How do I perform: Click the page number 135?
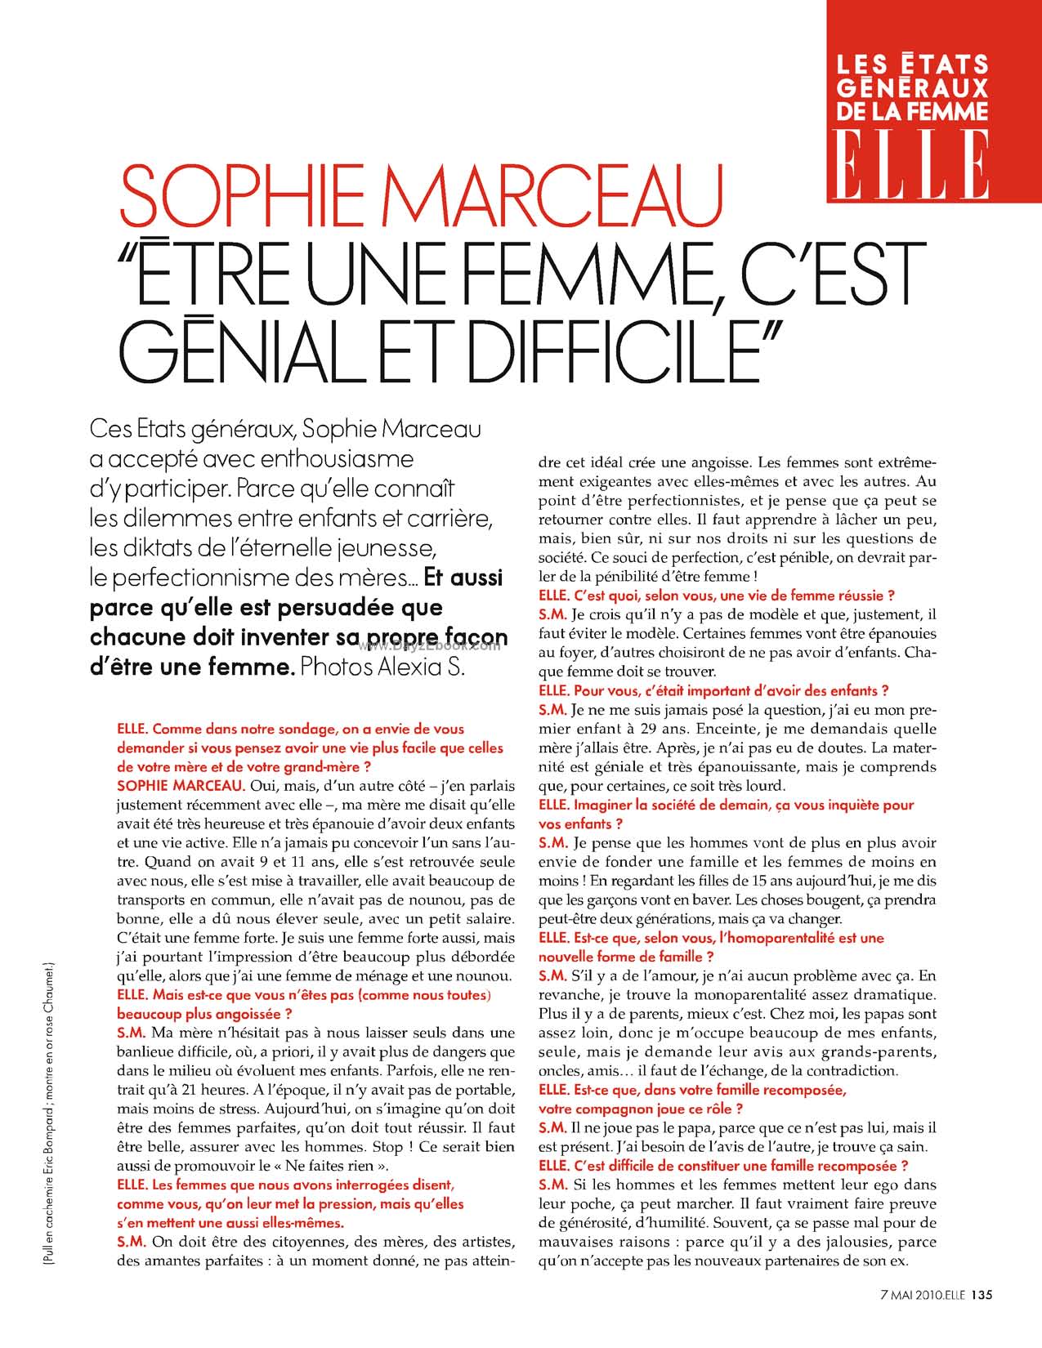[x=981, y=1316]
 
